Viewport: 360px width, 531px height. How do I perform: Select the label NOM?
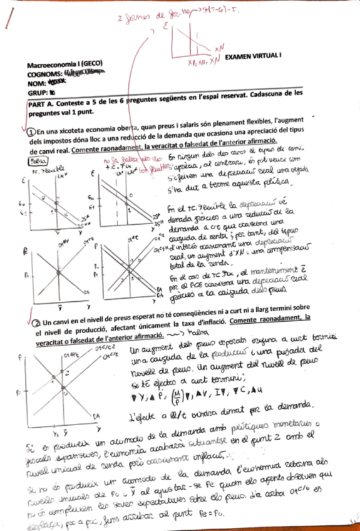(38, 81)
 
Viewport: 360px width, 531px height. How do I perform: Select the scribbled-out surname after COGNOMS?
(84, 73)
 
